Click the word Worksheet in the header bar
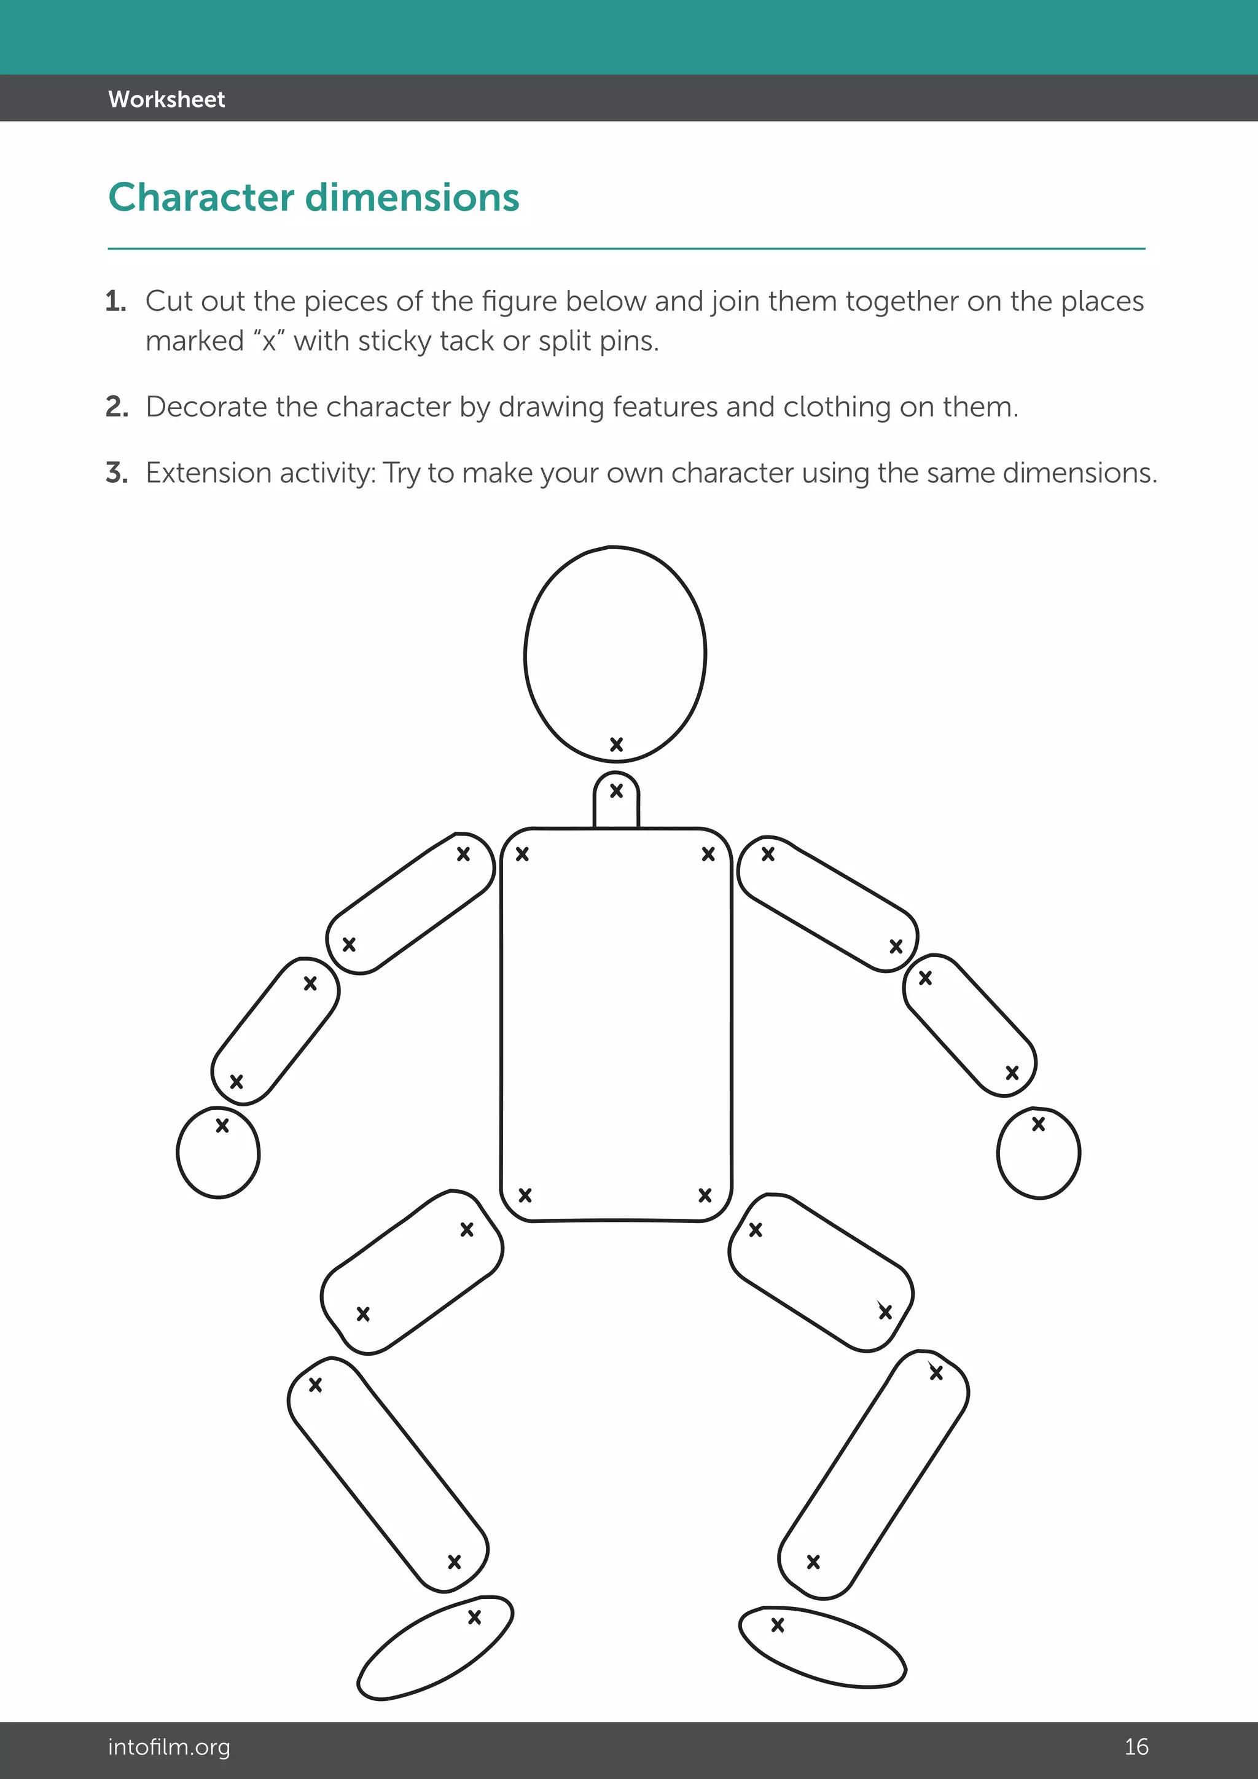tap(166, 99)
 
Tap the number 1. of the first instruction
tap(115, 302)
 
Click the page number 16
tap(1136, 1746)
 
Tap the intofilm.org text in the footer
tap(169, 1746)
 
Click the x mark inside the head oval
tap(617, 745)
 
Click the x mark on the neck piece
tap(617, 791)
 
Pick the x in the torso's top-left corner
tap(522, 854)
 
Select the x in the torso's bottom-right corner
tap(705, 1195)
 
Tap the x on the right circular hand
tap(1039, 1124)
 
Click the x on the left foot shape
tap(475, 1617)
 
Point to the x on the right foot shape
tap(778, 1625)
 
